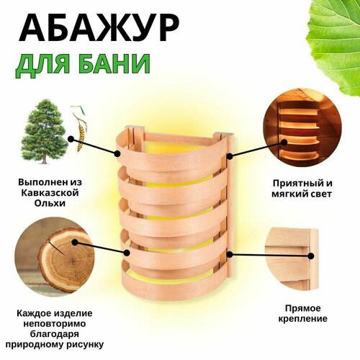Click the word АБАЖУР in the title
(99, 27)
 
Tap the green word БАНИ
(114, 63)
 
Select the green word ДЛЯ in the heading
(45, 65)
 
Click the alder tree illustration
(44, 132)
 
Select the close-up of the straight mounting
(292, 259)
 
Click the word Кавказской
(50, 193)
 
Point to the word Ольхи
(50, 203)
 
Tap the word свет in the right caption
(320, 194)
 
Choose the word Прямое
(303, 308)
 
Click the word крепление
(302, 319)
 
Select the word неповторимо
(54, 324)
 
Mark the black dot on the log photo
(75, 243)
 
